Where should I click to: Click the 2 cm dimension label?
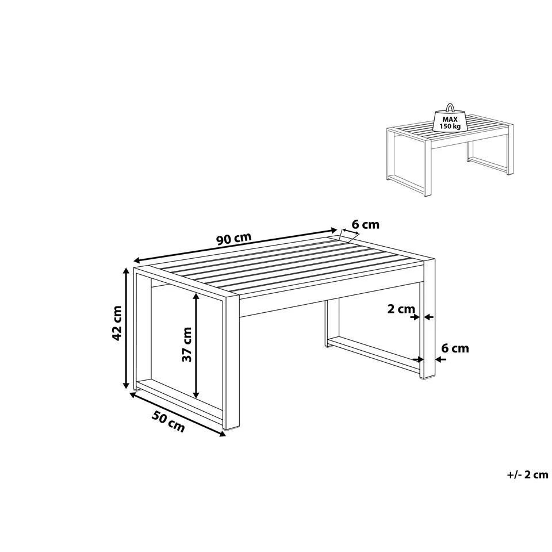401,309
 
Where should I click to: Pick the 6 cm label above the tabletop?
365,225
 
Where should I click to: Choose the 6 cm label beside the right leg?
454,348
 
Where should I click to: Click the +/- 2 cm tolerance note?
527,474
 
